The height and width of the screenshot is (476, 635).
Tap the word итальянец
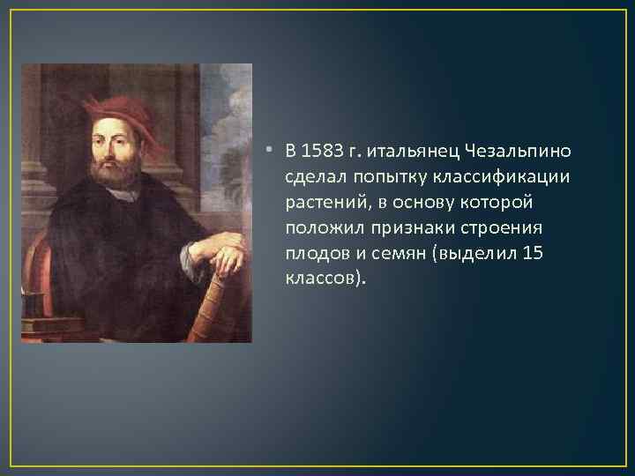408,151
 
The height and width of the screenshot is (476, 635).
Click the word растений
319,202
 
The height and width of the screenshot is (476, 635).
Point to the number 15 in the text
532,253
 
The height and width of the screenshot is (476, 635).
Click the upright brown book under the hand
220,304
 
